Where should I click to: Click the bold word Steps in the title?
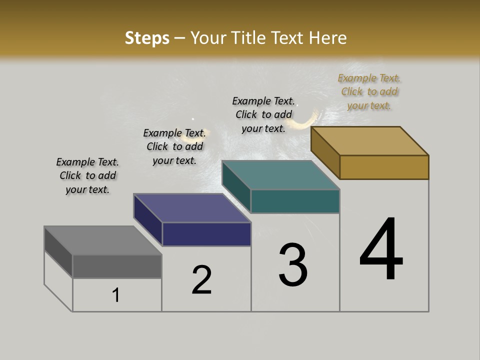[147, 38]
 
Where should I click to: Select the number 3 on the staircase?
[293, 265]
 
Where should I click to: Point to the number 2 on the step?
[202, 280]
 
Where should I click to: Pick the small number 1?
[116, 295]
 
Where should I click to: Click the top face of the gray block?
[103, 240]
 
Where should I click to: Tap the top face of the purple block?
[192, 208]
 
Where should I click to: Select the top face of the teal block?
[281, 175]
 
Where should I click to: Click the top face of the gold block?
[370, 141]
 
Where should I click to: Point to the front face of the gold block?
[384, 167]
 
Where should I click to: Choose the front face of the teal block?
[295, 201]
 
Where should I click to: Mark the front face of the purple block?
[206, 234]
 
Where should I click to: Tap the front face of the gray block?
[117, 266]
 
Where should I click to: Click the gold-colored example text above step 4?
[369, 92]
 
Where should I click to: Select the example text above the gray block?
[87, 175]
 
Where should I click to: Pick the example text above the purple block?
[174, 146]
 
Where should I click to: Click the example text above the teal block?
[263, 114]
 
